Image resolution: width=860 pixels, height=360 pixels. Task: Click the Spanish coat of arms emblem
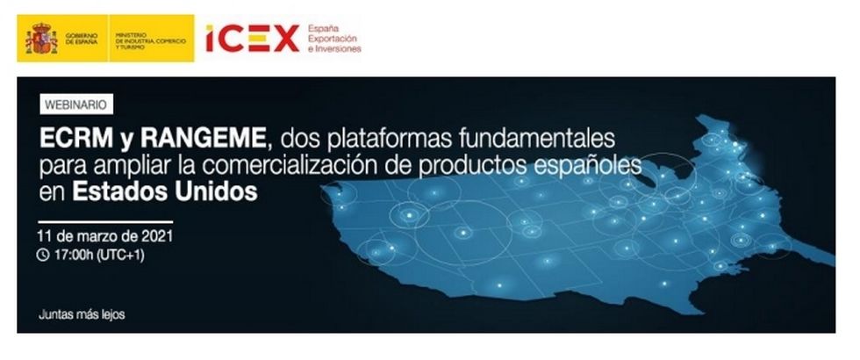pos(40,39)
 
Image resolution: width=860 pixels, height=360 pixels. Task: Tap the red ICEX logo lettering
pos(253,39)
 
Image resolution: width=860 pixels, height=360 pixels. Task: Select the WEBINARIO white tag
pos(76,104)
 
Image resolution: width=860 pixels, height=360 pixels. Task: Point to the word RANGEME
pos(203,140)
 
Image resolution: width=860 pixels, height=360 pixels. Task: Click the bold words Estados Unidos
pos(165,192)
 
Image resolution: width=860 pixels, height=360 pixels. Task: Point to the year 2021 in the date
pos(157,236)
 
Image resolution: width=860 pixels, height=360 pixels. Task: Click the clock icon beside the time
pos(43,256)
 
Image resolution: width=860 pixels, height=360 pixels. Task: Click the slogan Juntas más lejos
pos(82,315)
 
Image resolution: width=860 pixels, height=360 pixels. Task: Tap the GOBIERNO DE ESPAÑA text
pos(81,39)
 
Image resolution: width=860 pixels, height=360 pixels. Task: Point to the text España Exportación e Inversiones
pos(334,39)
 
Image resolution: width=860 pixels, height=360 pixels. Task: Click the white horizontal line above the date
pos(105,222)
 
